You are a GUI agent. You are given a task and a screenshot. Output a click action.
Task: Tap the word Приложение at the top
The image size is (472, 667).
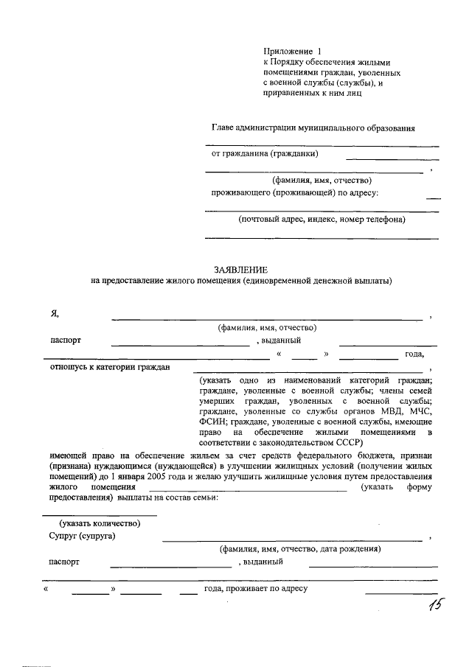288,51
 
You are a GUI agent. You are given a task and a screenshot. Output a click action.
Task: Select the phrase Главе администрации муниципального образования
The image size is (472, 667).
313,128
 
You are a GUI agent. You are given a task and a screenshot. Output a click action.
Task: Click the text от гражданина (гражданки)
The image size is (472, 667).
265,154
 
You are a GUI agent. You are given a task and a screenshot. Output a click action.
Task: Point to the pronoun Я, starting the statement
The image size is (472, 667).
55,313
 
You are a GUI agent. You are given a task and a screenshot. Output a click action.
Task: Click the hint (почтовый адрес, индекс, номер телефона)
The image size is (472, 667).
322,219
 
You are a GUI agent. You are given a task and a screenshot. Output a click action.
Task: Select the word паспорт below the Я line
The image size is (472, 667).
66,341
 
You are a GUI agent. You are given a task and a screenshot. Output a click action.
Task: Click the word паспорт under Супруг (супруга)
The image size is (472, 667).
64,562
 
